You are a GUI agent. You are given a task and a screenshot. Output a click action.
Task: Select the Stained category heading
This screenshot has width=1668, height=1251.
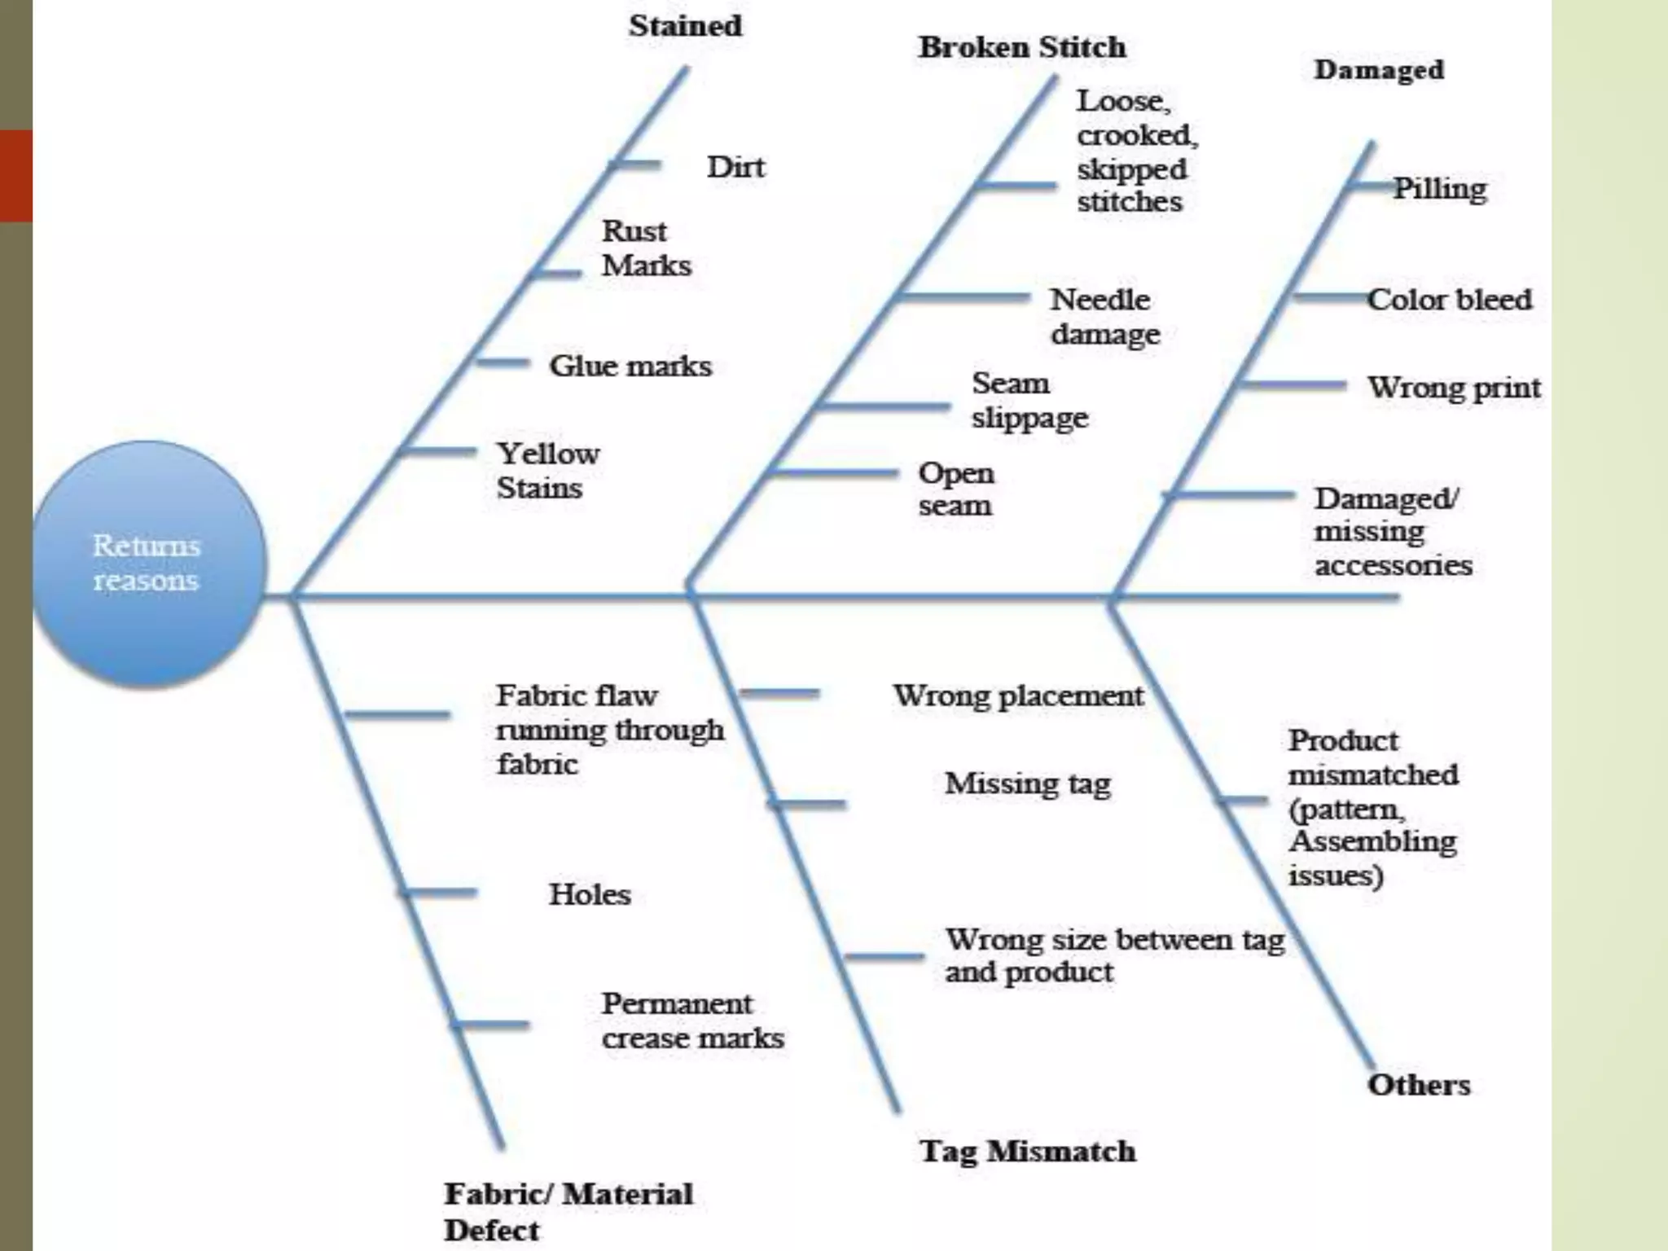click(x=685, y=26)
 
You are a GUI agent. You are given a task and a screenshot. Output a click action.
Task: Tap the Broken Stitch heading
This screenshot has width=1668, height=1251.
click(x=1022, y=47)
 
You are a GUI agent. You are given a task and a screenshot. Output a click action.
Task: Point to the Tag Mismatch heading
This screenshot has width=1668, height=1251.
click(x=1027, y=1151)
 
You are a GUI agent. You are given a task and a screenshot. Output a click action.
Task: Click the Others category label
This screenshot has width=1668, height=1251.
click(x=1419, y=1085)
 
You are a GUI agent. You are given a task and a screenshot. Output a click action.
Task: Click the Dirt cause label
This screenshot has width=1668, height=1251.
click(x=735, y=167)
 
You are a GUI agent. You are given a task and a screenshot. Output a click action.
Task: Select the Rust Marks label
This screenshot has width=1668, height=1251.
click(x=646, y=248)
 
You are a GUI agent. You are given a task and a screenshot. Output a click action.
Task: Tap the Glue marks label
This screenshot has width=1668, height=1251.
click(x=630, y=366)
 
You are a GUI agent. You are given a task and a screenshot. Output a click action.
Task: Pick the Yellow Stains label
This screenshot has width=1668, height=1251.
click(x=547, y=471)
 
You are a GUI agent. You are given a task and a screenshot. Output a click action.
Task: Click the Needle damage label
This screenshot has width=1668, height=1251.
click(x=1104, y=317)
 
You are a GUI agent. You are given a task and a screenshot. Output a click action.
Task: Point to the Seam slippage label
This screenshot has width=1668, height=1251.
click(x=1029, y=400)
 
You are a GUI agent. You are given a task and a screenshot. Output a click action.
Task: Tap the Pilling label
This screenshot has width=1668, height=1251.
click(x=1440, y=188)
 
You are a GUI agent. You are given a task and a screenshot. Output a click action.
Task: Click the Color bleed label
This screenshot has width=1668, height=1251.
click(x=1449, y=300)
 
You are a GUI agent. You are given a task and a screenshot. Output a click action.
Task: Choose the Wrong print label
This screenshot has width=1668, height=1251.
click(x=1454, y=388)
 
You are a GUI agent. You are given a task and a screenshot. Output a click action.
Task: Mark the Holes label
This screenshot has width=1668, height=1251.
click(x=590, y=894)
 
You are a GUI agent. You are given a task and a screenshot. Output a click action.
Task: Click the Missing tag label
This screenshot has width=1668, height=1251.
click(x=1028, y=784)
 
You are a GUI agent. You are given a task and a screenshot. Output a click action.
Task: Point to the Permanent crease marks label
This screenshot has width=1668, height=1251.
click(x=692, y=1021)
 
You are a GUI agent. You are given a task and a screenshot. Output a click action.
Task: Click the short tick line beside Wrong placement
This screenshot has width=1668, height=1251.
click(x=779, y=694)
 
